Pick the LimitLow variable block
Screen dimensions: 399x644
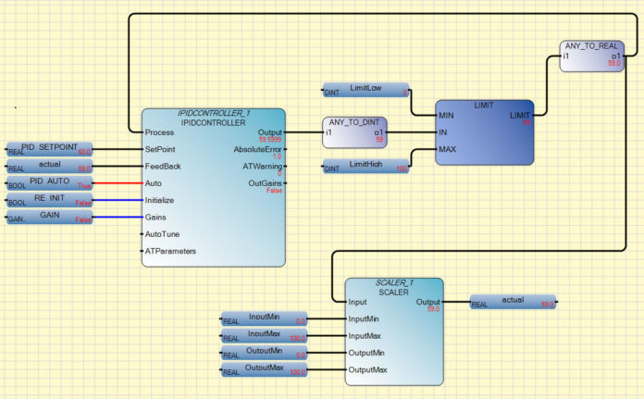coord(366,91)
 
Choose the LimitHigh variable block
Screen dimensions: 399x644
coord(366,167)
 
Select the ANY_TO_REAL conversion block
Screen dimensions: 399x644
coord(593,55)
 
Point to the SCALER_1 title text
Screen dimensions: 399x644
coord(393,282)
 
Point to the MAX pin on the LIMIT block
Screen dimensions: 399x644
coord(448,149)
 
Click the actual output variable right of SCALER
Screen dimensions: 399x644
coord(513,302)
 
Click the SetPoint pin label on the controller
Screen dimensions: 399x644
coord(162,149)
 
